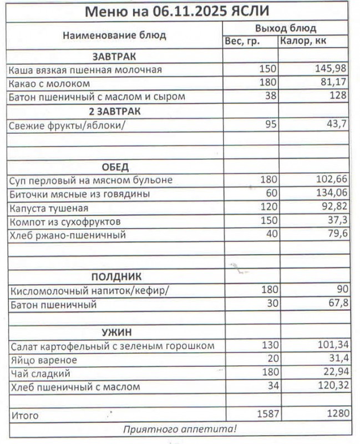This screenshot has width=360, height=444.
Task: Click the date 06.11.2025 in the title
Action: point(189,12)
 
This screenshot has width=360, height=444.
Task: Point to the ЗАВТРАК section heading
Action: point(114,56)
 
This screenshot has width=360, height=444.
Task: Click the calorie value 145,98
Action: point(330,69)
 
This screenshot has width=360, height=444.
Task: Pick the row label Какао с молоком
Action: point(49,83)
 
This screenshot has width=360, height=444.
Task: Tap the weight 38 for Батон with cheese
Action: point(269,97)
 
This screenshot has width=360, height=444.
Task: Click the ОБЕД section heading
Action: point(115,167)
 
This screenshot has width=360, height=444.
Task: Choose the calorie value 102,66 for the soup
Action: point(330,180)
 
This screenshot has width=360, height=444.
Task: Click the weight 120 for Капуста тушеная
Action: point(267,208)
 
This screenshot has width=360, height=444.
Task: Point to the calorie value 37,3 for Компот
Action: point(337,221)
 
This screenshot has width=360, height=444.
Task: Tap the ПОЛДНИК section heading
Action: point(116,276)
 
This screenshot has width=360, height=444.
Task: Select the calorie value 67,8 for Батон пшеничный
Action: point(336,304)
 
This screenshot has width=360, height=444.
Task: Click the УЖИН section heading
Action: point(116,332)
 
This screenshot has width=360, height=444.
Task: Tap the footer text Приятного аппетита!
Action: point(180,428)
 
